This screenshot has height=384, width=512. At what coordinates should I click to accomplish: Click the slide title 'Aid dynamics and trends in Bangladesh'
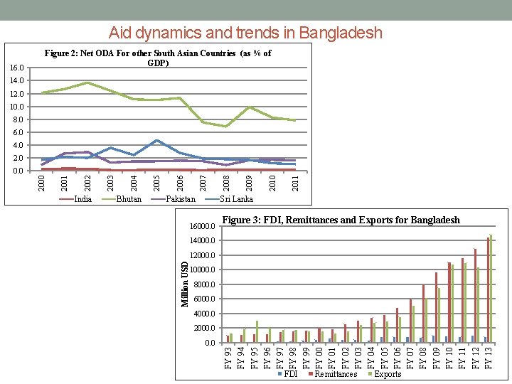click(245, 33)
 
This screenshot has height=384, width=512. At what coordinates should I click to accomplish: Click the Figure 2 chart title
click(158, 58)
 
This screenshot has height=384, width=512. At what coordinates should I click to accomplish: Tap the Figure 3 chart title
click(341, 220)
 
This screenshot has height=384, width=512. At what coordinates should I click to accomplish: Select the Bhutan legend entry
click(129, 199)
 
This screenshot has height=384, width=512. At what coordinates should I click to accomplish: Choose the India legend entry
click(82, 199)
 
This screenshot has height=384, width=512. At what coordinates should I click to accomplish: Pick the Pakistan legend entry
click(181, 199)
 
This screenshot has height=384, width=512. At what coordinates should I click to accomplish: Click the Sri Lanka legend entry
click(236, 199)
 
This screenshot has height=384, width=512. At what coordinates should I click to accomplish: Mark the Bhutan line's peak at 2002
click(87, 82)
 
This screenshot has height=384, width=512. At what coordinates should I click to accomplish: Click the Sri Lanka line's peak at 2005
click(156, 140)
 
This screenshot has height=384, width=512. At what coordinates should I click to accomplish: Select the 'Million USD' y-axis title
click(185, 284)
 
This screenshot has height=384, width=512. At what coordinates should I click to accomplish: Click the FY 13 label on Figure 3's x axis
click(488, 357)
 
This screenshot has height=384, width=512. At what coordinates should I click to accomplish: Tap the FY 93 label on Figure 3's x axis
click(228, 357)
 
